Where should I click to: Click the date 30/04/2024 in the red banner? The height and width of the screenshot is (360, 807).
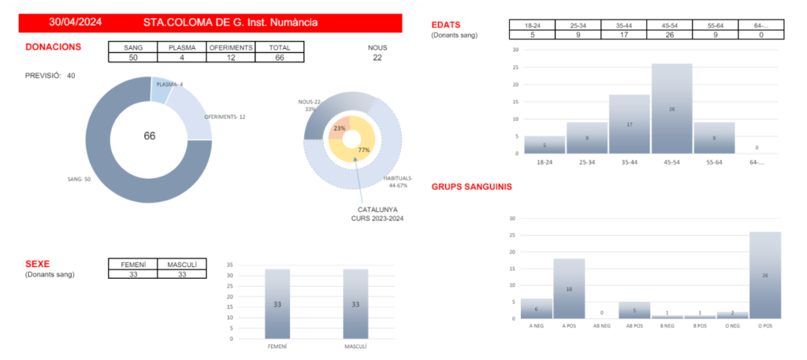75,23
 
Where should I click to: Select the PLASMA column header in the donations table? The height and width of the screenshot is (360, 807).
181,47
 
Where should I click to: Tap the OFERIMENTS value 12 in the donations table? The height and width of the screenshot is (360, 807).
231,58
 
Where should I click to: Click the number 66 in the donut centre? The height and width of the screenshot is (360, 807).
150,136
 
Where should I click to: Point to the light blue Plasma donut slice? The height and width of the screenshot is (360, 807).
160,91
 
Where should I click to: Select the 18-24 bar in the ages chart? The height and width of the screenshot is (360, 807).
545,145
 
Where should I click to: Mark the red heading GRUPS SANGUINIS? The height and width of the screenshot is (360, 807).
472,187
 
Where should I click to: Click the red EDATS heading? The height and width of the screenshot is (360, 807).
446,25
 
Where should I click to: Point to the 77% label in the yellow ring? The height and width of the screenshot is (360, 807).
363,150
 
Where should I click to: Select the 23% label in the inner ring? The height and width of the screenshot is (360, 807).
340,128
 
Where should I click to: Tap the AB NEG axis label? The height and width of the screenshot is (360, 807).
601,325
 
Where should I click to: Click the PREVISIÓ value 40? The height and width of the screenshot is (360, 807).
71,76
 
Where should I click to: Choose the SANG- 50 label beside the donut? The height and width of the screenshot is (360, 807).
80,180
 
